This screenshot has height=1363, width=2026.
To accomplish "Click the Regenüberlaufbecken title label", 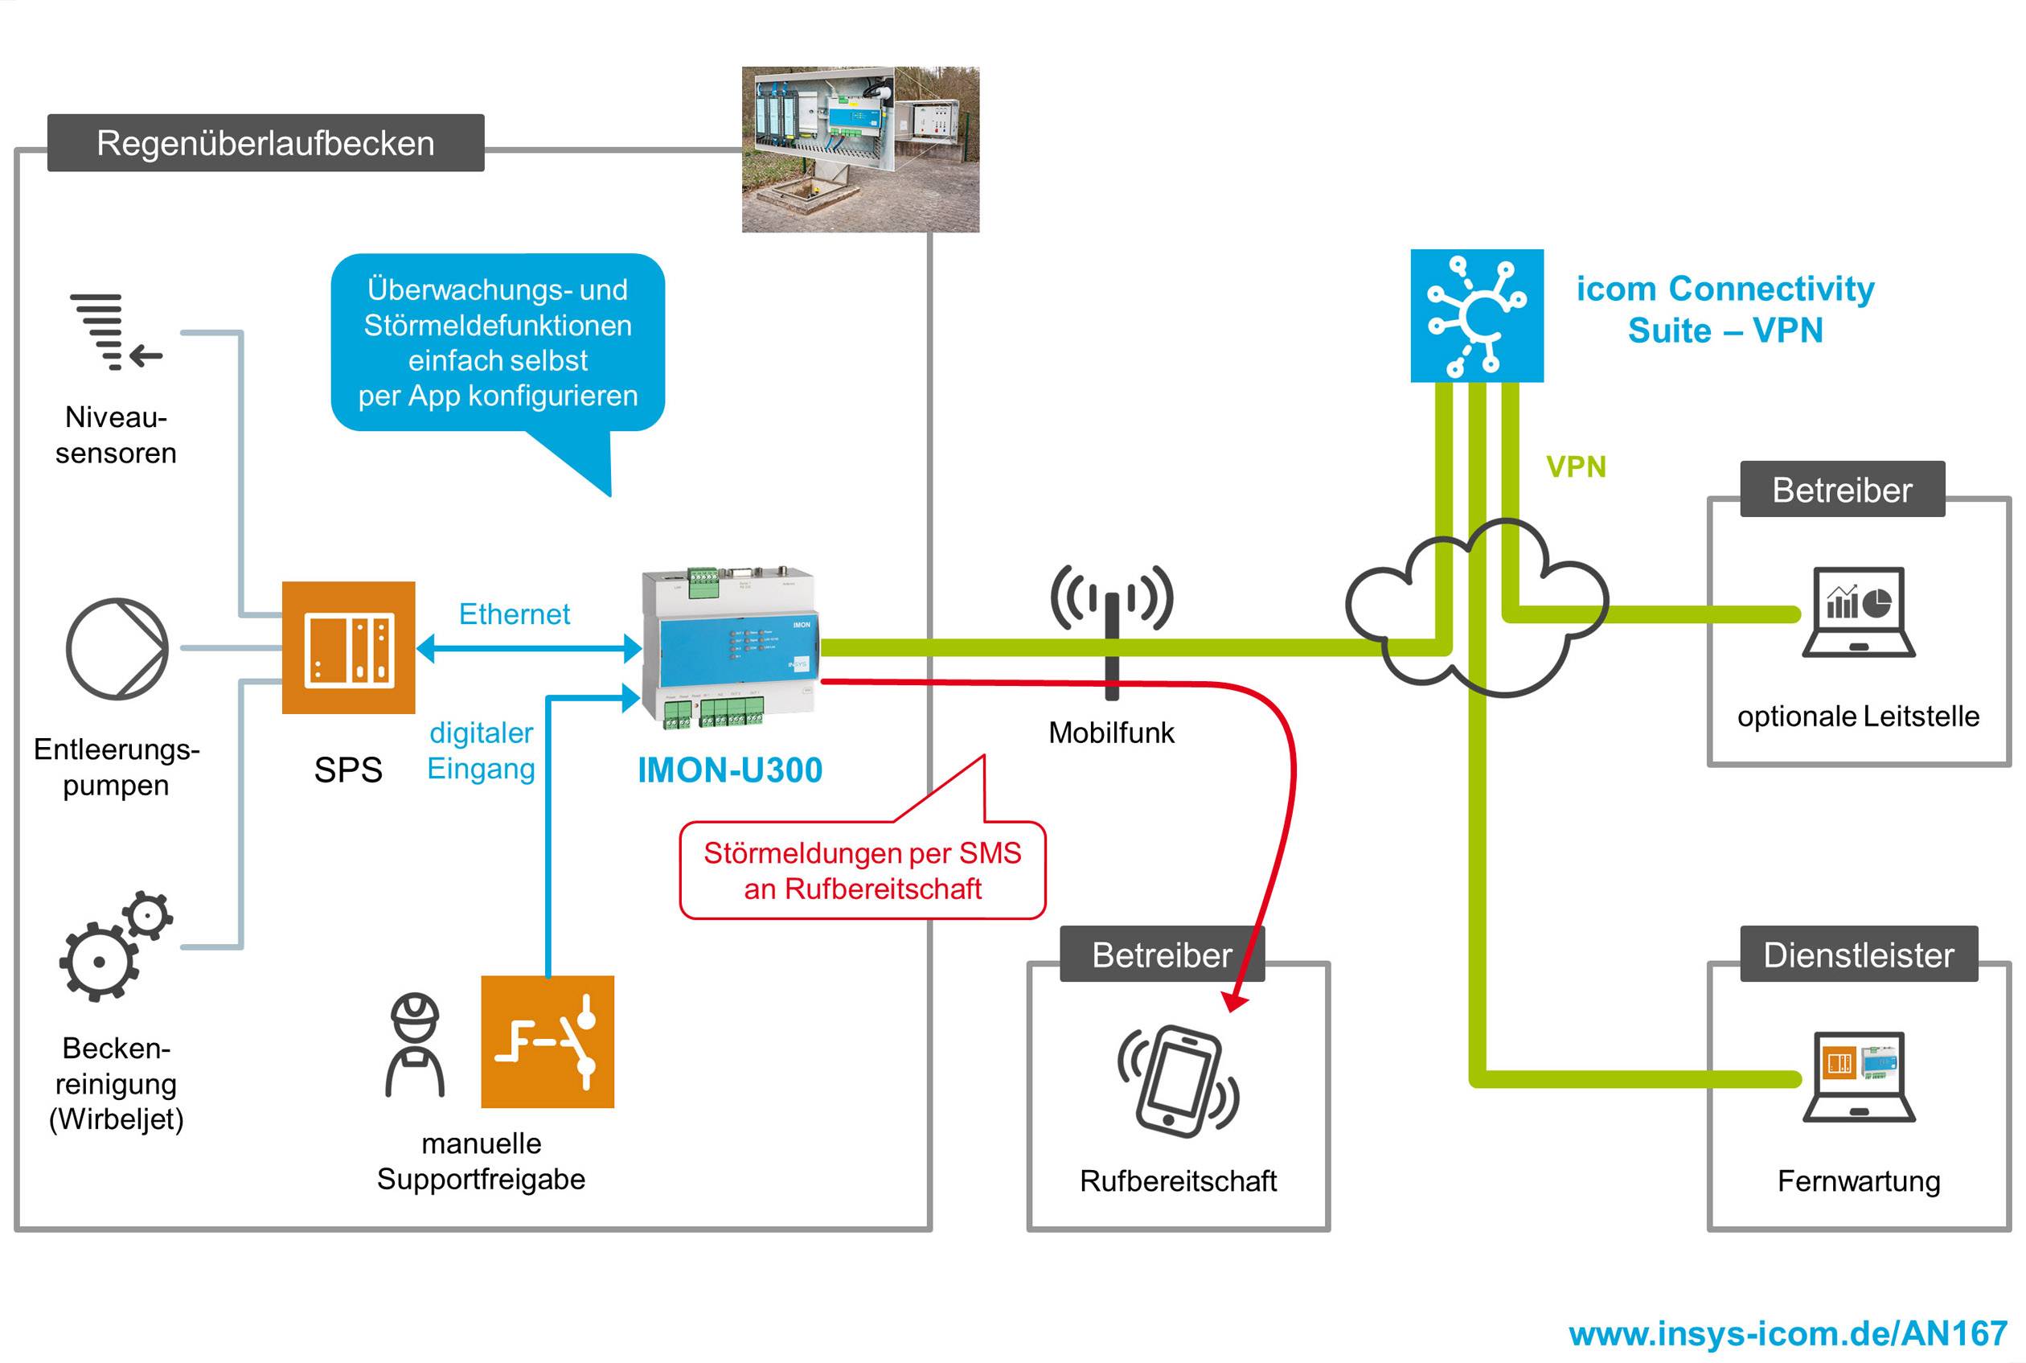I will point(265,143).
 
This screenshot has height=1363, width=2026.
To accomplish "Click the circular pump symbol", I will point(117,648).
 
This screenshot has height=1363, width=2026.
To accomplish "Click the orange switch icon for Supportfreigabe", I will point(547,1041).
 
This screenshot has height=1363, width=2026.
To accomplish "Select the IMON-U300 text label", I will point(729,770).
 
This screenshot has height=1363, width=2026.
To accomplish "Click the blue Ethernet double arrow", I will point(528,648).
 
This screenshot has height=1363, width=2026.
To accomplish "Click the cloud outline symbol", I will point(1478,609).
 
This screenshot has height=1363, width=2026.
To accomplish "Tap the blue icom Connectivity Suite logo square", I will point(1476,315).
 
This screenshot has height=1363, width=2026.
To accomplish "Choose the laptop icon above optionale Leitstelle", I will point(1857,612).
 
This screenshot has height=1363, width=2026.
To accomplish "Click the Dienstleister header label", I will point(1857,955).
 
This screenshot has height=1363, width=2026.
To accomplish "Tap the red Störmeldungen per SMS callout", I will point(861,870).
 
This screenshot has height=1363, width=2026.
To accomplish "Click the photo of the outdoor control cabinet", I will point(859,150).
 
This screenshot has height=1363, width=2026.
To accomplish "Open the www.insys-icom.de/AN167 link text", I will point(1787,1333).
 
